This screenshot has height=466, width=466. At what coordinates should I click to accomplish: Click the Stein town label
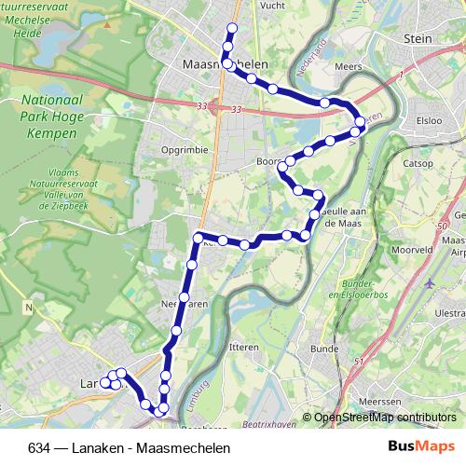[420, 38]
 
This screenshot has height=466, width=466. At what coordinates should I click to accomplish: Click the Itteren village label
[242, 346]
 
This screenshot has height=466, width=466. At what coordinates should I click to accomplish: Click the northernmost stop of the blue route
[231, 28]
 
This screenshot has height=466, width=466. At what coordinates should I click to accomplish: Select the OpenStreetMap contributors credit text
[383, 417]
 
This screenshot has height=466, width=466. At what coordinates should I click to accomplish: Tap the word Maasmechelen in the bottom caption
[183, 447]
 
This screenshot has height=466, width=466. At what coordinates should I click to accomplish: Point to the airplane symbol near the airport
[430, 283]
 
